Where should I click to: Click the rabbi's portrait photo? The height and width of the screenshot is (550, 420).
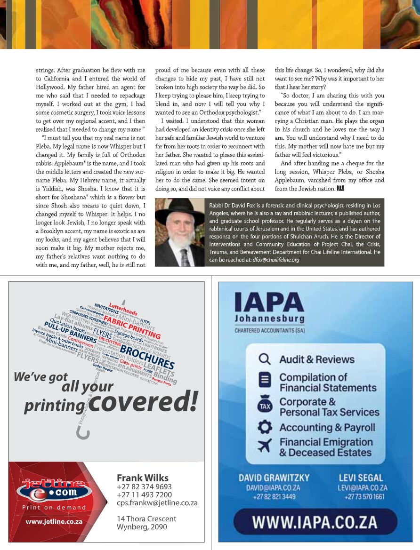(179, 232)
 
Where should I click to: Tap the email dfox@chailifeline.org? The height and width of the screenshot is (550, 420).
(275, 260)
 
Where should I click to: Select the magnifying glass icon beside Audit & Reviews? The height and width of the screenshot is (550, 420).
(265, 359)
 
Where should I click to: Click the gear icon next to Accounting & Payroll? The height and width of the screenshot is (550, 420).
(265, 428)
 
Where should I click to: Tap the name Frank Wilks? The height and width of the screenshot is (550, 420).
(142, 478)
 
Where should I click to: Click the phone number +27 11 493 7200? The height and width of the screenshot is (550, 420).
(144, 495)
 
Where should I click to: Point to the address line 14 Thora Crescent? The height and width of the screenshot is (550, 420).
(146, 519)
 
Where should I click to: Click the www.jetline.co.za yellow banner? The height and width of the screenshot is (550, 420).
(54, 522)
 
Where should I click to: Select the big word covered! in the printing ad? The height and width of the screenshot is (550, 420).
(143, 401)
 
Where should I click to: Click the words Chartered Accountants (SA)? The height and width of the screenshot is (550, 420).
(269, 330)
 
